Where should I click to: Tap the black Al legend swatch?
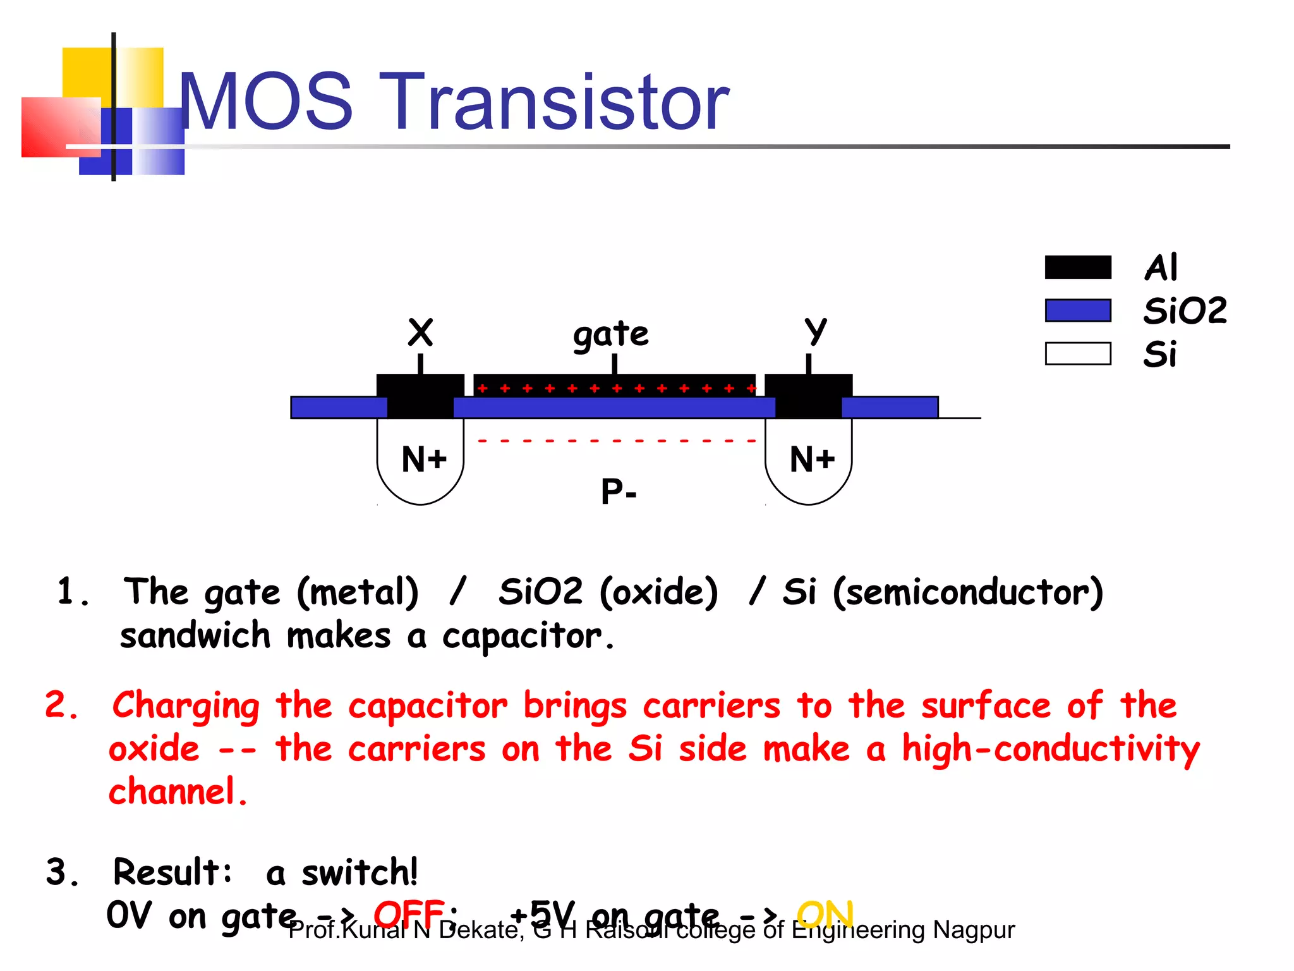pyautogui.click(x=1078, y=267)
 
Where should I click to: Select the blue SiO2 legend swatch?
pyautogui.click(x=1078, y=310)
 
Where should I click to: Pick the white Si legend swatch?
pyautogui.click(x=1078, y=353)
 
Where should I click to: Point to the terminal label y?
pyautogui.click(x=815, y=330)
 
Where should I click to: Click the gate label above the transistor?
pyautogui.click(x=610, y=334)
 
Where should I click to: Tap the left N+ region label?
pyautogui.click(x=424, y=459)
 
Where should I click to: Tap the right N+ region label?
pyautogui.click(x=812, y=459)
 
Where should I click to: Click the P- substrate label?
pyautogui.click(x=619, y=491)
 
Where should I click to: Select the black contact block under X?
pyautogui.click(x=420, y=396)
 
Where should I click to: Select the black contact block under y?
pyautogui.click(x=809, y=396)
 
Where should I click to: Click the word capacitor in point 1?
pyautogui.click(x=522, y=636)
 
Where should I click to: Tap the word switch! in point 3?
pyautogui.click(x=360, y=872)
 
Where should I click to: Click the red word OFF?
pyautogui.click(x=409, y=913)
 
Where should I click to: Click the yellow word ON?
pyautogui.click(x=825, y=913)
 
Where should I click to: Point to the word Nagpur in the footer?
pyautogui.click(x=974, y=930)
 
